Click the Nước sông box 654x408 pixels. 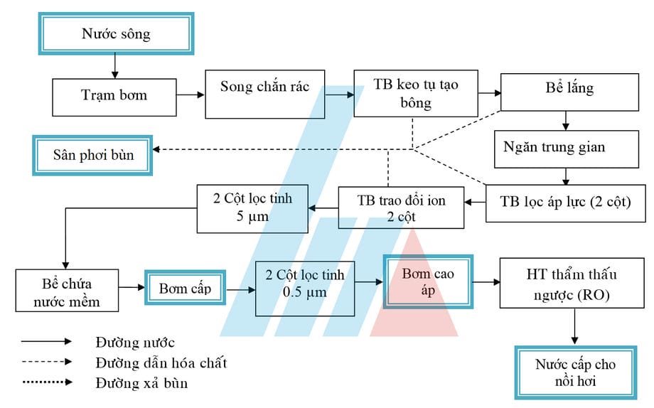116,33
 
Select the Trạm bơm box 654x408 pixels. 114,95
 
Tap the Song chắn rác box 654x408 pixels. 264,93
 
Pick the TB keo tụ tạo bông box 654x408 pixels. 416,93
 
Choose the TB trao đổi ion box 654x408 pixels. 402,208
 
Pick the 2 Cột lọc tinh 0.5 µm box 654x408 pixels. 304,288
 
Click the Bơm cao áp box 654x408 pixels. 428,281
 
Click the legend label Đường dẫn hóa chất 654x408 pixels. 161,363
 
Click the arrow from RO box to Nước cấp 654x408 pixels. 574,328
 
